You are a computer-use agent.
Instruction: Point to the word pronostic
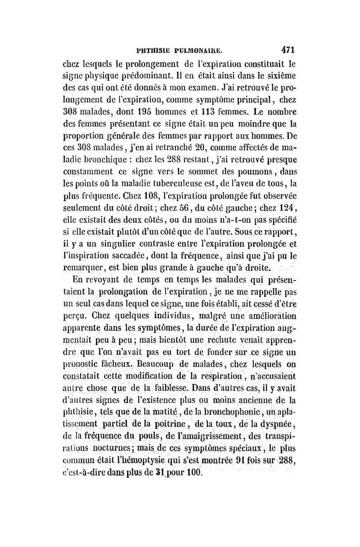81,362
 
